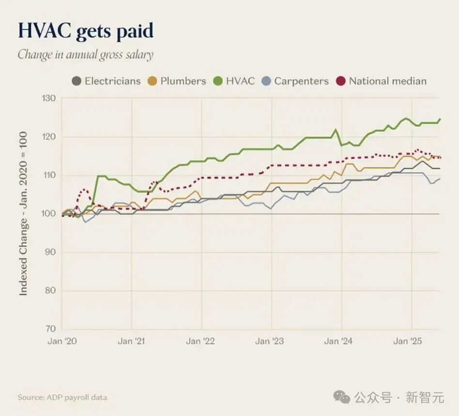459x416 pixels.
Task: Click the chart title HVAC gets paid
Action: pos(86,31)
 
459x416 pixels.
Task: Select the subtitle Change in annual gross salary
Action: pos(86,54)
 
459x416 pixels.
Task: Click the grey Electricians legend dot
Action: pos(76,81)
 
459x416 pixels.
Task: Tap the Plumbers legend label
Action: pos(183,81)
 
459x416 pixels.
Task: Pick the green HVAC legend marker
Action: pos(218,81)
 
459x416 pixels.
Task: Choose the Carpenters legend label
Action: pos(301,81)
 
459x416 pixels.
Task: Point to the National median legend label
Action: pos(387,81)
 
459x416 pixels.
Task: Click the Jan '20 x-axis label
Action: pos(62,342)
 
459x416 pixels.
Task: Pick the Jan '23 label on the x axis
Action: pos(270,342)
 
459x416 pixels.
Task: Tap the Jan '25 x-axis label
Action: pos(408,342)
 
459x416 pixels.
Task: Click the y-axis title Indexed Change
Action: pos(23,214)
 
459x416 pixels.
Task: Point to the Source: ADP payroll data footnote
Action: pos(62,398)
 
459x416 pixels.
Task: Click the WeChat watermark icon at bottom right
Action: pos(342,398)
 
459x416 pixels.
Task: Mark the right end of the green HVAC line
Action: pos(440,119)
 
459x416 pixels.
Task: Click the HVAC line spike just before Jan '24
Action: pos(335,130)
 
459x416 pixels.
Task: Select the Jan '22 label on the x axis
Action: pos(200,342)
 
